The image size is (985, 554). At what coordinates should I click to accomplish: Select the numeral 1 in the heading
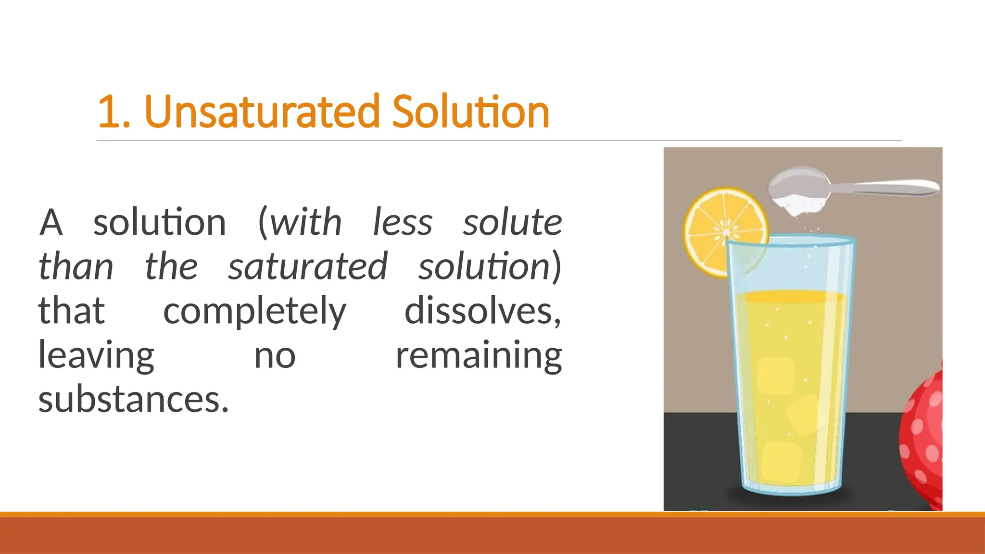click(109, 113)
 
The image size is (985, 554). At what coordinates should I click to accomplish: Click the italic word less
click(403, 222)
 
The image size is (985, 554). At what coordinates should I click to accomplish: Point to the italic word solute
click(512, 222)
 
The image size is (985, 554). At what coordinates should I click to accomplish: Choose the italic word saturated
click(307, 266)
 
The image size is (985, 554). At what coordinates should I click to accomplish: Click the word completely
click(254, 312)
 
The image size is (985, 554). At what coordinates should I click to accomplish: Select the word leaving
click(96, 356)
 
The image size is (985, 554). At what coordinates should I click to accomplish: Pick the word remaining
click(479, 356)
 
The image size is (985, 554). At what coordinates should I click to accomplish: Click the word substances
click(133, 400)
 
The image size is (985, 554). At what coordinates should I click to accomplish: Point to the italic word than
click(76, 266)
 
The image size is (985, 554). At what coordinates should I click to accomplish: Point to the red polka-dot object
click(923, 433)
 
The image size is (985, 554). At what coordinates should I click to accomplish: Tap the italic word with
click(306, 222)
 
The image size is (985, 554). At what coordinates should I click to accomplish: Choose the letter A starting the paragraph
click(51, 222)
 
